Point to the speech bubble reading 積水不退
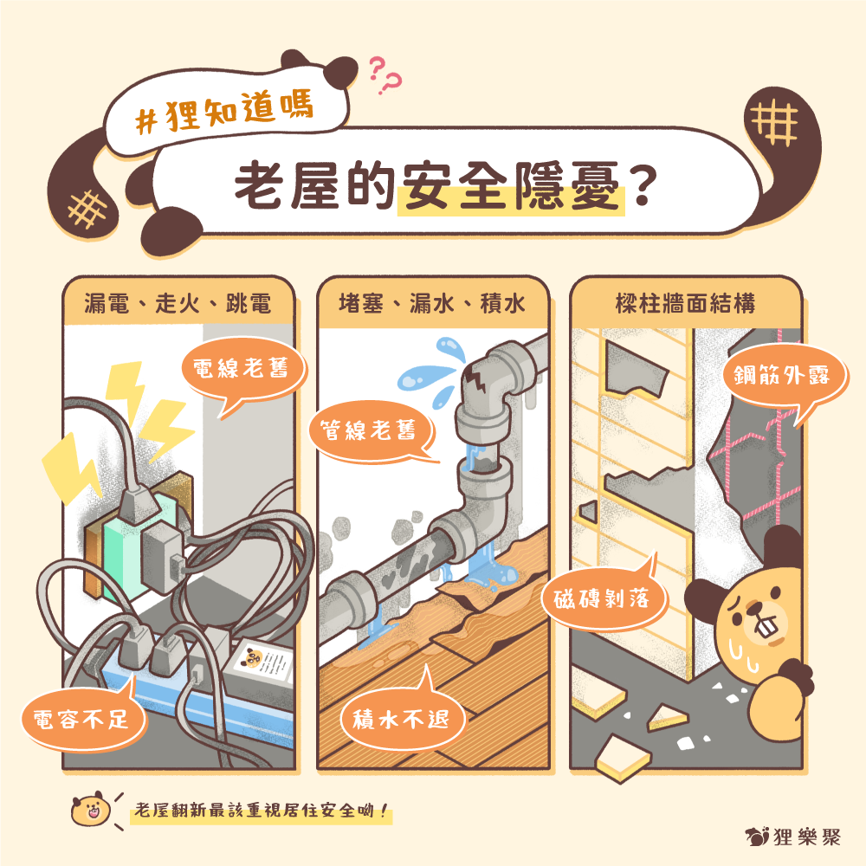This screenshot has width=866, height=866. pos(402,719)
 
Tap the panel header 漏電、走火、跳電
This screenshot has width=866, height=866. pos(178,304)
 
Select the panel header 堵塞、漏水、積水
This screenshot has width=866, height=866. pos(432,304)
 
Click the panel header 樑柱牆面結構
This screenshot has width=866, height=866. pos(685,304)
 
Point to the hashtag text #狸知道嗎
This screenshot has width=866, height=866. pos(225,112)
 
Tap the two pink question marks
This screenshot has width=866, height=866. pos(385,75)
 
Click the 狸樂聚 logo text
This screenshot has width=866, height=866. pos(806,837)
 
